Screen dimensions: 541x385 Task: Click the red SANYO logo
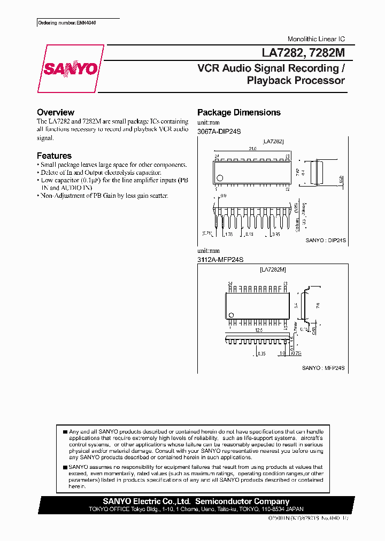point(71,69)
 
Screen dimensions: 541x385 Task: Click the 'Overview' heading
point(55,112)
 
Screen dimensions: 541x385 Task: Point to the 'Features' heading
point(54,156)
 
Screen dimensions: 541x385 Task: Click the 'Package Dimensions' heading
point(238,112)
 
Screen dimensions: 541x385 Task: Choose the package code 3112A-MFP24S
point(220,259)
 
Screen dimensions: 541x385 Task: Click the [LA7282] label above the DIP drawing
point(273,141)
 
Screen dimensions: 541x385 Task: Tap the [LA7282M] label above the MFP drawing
point(273,270)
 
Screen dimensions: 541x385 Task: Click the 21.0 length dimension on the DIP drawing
point(252,150)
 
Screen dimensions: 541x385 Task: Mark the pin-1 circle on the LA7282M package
point(231,314)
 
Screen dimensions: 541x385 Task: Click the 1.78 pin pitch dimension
point(228,234)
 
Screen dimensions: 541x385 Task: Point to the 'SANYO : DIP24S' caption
point(326,241)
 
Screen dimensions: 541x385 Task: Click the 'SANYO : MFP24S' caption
point(323,368)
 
